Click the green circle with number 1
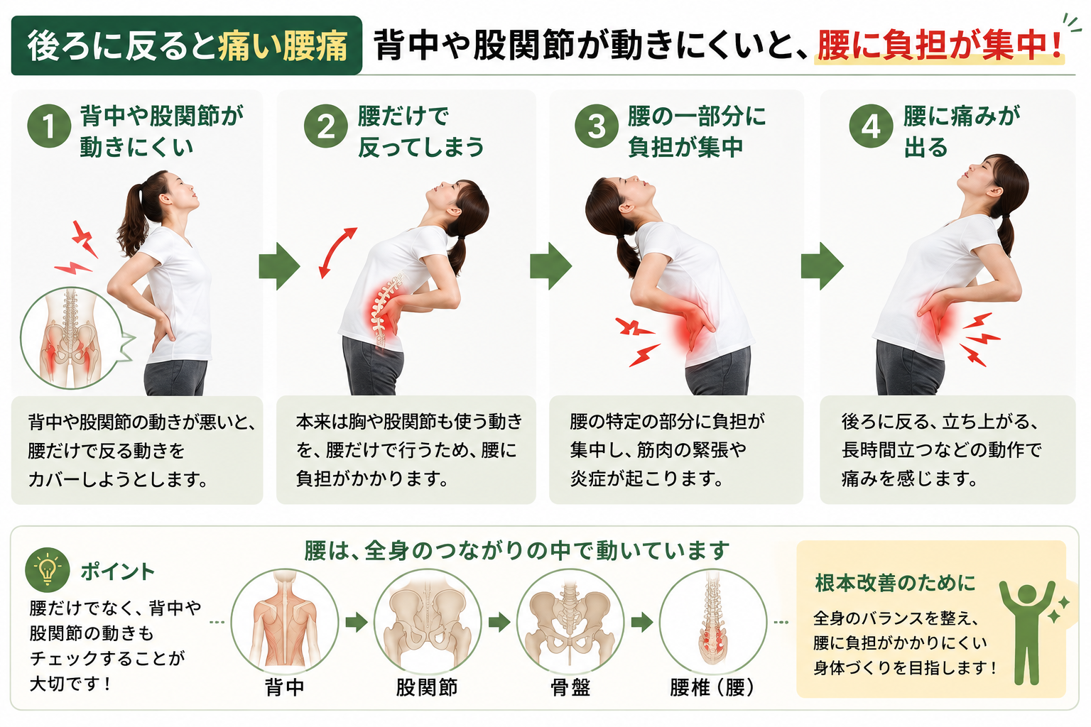point(49,126)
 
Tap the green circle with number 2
point(326,126)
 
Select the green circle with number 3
point(597,126)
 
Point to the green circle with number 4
point(871,126)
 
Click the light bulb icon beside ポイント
point(48,569)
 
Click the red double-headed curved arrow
point(337,253)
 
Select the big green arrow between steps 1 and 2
point(279,266)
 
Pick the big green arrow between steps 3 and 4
point(822,266)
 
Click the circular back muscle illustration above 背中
point(284,622)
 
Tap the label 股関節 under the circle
point(427,687)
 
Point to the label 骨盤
point(570,687)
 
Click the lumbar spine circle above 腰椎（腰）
point(713,622)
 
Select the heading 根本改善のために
point(896,583)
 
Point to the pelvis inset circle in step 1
point(71,338)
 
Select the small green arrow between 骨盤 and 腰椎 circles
point(642,622)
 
